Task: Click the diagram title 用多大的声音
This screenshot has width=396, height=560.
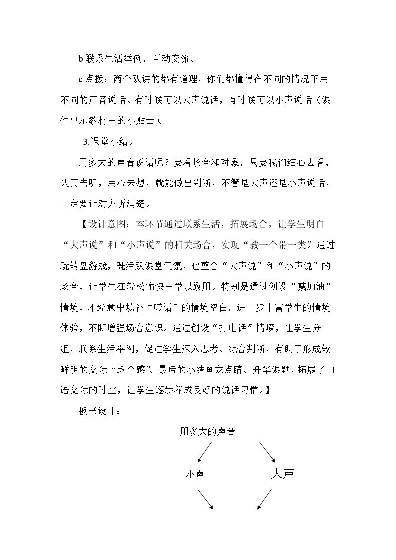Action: click(x=207, y=432)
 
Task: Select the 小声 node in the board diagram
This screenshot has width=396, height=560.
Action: click(x=195, y=474)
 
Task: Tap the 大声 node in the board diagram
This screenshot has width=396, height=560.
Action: click(x=282, y=473)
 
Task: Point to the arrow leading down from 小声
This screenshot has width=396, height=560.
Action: click(x=205, y=499)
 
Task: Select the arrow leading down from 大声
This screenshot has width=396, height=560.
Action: click(x=265, y=499)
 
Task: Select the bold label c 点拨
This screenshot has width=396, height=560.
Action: click(x=93, y=80)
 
